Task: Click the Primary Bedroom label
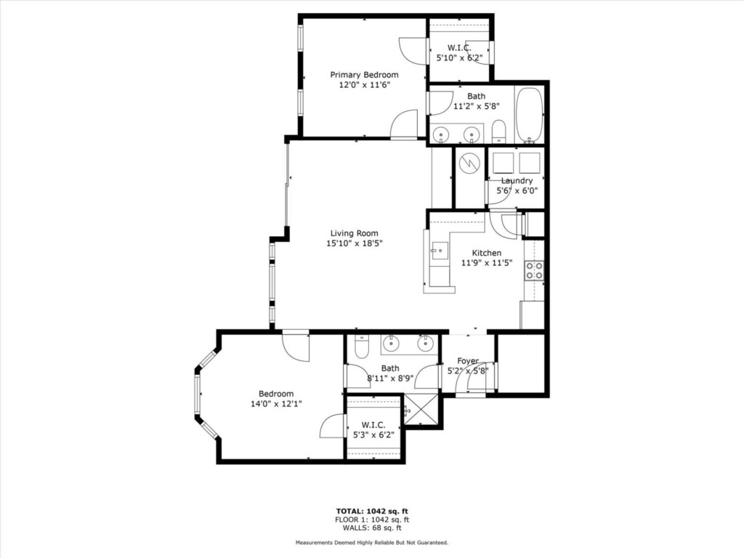(x=364, y=75)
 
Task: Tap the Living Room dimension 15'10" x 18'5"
(x=355, y=243)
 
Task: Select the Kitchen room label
(x=486, y=253)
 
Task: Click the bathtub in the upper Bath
(x=529, y=115)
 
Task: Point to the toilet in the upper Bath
(x=498, y=132)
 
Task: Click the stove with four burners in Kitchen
(x=534, y=270)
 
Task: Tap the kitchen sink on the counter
(x=439, y=251)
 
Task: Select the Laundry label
(x=517, y=181)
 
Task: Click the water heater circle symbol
(x=469, y=163)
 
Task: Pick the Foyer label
(x=468, y=360)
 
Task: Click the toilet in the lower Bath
(x=362, y=347)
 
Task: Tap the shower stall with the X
(x=422, y=411)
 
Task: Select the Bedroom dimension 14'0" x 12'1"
(x=277, y=404)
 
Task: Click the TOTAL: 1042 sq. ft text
(x=372, y=511)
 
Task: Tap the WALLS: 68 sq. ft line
(x=372, y=527)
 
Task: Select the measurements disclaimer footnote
(x=372, y=542)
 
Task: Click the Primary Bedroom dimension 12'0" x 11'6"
(x=365, y=85)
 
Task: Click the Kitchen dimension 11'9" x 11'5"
(x=487, y=263)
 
